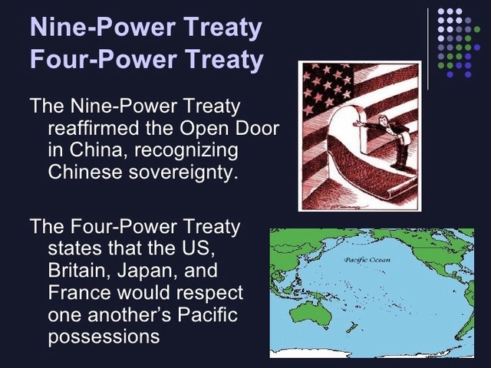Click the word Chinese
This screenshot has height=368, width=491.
pos(88,170)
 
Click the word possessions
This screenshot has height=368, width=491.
pos(104,337)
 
